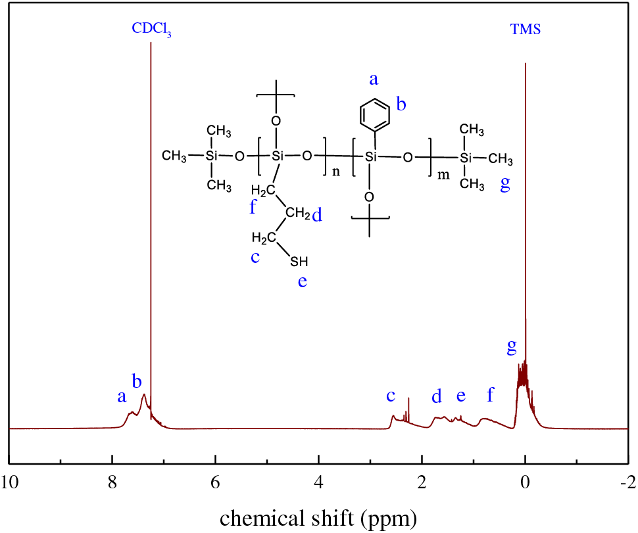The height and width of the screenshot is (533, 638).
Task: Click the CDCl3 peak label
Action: click(151, 30)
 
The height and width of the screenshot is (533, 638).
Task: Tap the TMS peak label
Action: click(526, 30)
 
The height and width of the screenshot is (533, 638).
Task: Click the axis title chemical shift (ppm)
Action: click(318, 518)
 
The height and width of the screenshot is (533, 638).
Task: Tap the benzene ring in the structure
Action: click(376, 113)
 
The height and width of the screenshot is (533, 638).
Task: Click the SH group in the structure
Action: click(299, 262)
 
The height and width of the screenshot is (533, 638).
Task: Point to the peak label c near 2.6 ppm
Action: click(391, 396)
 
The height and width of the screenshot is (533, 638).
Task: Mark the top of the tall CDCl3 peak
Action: click(151, 43)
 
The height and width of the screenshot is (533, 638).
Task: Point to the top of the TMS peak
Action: click(526, 64)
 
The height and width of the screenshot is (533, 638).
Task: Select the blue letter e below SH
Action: click(302, 282)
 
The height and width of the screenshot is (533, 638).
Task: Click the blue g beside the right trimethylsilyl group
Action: click(505, 185)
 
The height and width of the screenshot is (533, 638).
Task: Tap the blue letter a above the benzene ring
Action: click(374, 80)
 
